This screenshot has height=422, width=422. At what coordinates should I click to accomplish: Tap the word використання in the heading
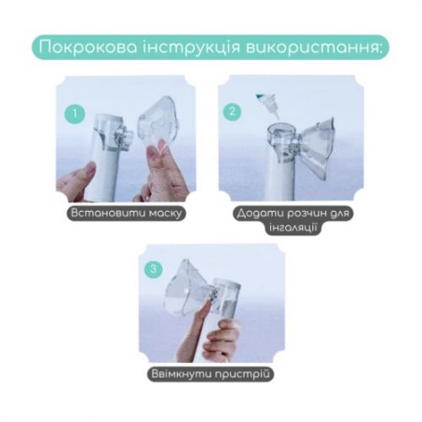316,46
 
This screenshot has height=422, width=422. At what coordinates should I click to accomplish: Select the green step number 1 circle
77,111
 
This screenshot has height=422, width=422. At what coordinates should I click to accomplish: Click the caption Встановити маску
127,213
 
